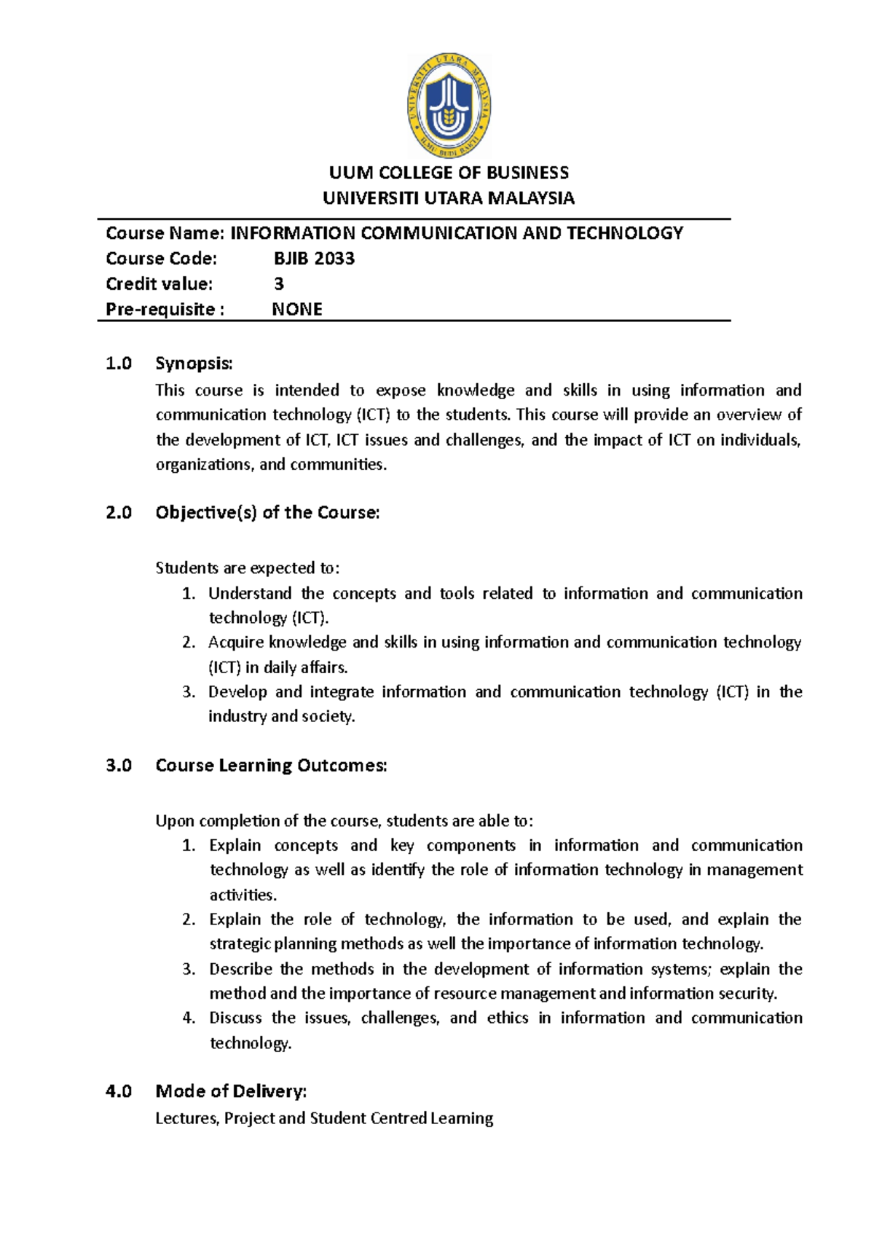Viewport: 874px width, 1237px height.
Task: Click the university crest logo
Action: coord(449,106)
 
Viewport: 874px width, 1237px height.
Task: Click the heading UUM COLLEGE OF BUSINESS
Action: coord(449,173)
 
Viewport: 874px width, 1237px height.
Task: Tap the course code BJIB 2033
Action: coord(314,259)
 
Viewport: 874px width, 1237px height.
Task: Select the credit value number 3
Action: coord(278,284)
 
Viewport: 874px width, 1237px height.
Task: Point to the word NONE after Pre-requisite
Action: coord(297,310)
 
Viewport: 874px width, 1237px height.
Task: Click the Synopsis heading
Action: coord(194,364)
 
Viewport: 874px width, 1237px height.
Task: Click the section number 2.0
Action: coord(119,513)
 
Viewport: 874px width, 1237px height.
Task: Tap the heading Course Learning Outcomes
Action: coord(271,766)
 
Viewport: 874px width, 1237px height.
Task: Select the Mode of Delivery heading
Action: coord(231,1091)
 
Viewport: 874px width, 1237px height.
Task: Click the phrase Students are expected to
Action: coord(248,568)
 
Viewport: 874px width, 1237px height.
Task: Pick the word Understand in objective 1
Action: coord(250,594)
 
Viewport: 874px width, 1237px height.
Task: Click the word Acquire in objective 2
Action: coord(235,643)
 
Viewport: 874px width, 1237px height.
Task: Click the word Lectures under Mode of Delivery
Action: coord(186,1118)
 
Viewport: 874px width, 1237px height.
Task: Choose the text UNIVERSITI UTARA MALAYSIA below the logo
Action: coord(449,198)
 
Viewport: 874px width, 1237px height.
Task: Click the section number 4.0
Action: coord(119,1091)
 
